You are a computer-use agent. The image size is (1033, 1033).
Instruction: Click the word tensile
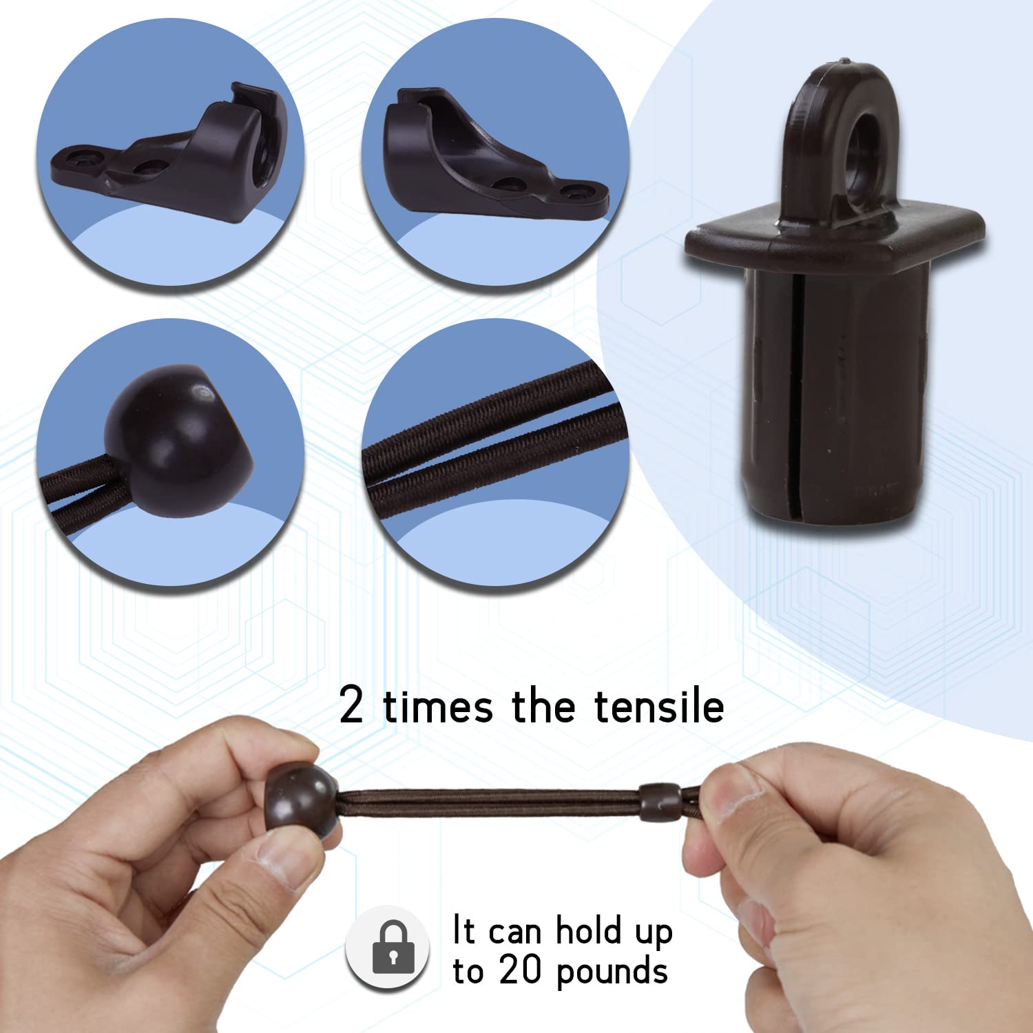click(659, 706)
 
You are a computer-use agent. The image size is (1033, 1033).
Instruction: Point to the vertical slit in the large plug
click(796, 403)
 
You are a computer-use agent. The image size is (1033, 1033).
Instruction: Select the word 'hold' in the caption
click(588, 930)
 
